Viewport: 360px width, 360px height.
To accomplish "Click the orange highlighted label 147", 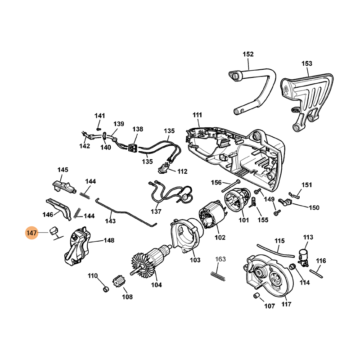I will click(x=31, y=233).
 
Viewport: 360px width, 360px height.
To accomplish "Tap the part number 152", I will click(x=248, y=54).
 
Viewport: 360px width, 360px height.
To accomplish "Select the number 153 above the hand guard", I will click(x=306, y=63).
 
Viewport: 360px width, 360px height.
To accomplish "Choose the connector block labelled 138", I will click(x=132, y=147).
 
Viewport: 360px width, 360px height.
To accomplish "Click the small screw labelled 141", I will click(x=99, y=129).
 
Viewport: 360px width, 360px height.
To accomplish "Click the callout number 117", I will click(x=286, y=304).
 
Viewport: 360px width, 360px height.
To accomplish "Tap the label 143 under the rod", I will click(x=110, y=221).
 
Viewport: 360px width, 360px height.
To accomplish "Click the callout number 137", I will click(x=156, y=211).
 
